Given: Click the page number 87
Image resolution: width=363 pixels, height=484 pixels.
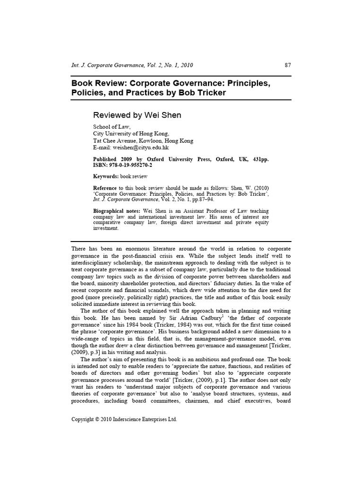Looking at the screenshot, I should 287,65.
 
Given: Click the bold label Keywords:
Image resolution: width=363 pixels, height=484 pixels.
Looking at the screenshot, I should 106,177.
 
